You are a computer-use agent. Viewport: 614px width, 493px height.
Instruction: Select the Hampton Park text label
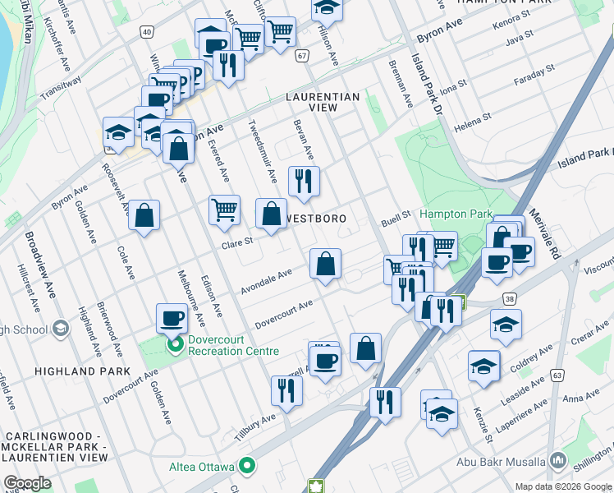pyautogui.click(x=456, y=214)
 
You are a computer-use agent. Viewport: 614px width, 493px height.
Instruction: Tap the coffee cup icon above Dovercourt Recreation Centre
pyautogui.click(x=172, y=317)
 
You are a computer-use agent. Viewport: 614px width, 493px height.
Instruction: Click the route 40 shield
pyautogui.click(x=146, y=31)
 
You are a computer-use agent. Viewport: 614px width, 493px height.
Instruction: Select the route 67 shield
pyautogui.click(x=303, y=55)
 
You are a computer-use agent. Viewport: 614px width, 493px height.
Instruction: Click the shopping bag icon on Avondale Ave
pyautogui.click(x=326, y=265)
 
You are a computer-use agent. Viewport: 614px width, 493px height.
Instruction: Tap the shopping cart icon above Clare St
pyautogui.click(x=224, y=210)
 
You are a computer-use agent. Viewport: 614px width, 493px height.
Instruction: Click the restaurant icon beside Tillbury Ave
pyautogui.click(x=286, y=390)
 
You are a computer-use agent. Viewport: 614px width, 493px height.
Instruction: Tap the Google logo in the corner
pyautogui.click(x=27, y=483)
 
